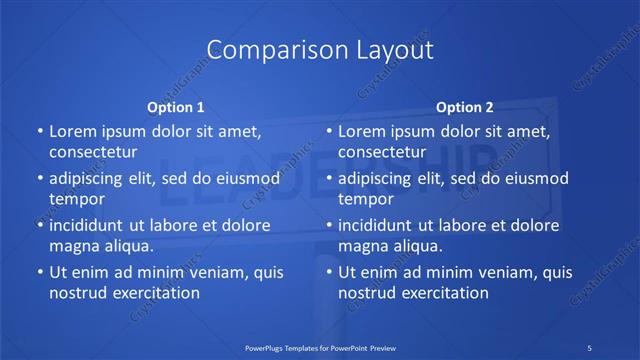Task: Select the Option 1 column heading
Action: pyautogui.click(x=176, y=107)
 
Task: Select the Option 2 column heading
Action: pyautogui.click(x=465, y=107)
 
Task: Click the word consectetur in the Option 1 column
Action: pyautogui.click(x=92, y=152)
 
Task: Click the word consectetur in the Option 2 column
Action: pyautogui.click(x=381, y=152)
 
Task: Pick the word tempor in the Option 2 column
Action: pyautogui.click(x=365, y=199)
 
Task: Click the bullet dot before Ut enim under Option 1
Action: pyautogui.click(x=39, y=272)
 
